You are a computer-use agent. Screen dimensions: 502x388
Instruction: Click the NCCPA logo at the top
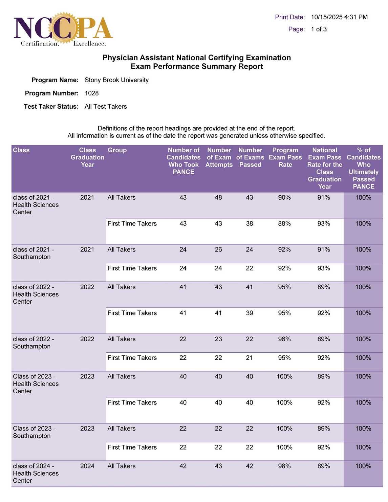coord(63,29)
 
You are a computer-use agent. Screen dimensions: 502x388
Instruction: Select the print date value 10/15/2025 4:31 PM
coord(339,17)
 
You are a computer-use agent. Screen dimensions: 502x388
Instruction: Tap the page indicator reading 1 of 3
coord(319,29)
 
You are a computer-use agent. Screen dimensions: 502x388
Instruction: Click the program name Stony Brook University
coord(116,80)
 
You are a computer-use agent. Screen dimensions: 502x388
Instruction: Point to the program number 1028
coord(92,93)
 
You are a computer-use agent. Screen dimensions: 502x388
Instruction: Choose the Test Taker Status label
coord(51,107)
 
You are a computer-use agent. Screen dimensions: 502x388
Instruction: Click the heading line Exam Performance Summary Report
coord(197,67)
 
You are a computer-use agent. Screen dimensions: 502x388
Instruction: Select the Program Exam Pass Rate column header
coord(285,157)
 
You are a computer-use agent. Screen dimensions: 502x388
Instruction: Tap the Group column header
coord(117,150)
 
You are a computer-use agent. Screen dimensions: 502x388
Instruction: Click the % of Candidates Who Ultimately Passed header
coord(363,168)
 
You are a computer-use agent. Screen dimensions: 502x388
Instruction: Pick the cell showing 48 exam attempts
coord(218,198)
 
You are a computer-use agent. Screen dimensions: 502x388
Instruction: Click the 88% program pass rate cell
coord(284,224)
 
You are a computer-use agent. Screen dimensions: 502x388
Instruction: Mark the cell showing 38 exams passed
coord(250,224)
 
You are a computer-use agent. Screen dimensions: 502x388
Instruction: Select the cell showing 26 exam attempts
coord(218,250)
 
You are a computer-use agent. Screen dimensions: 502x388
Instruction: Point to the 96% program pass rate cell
coord(284,339)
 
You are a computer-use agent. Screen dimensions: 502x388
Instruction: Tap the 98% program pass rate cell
coord(284,466)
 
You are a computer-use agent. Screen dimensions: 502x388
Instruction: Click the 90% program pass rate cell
coord(284,198)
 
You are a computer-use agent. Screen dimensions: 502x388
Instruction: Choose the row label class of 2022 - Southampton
coord(34,343)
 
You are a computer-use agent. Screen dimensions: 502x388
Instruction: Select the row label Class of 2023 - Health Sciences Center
coord(36,384)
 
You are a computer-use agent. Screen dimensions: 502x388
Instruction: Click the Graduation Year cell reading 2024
coord(87,466)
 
